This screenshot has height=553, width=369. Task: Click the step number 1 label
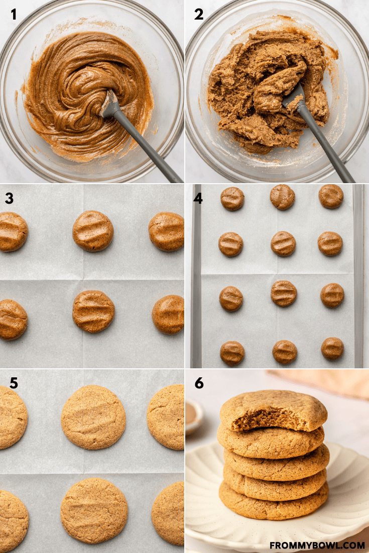[14, 15]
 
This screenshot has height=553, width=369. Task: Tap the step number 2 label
[199, 15]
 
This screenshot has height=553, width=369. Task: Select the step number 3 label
[9, 198]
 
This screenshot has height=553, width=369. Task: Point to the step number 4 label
[198, 198]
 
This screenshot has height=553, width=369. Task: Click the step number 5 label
[14, 383]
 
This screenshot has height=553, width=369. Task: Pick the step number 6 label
[199, 383]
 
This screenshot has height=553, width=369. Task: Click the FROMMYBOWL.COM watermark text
[317, 545]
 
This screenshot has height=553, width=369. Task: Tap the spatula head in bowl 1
[109, 104]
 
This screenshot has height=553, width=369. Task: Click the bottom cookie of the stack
[274, 500]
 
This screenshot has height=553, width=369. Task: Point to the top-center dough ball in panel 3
[93, 231]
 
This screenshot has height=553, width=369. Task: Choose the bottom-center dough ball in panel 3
[93, 312]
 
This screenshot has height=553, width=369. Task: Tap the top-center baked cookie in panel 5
[93, 417]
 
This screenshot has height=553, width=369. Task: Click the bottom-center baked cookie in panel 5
[94, 511]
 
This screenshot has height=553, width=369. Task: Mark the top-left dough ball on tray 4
[232, 199]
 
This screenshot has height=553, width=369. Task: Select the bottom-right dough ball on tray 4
[332, 348]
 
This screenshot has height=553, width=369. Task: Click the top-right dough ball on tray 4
[331, 196]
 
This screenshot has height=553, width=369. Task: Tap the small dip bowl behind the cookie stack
[194, 416]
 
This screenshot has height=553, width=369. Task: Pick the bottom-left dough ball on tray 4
[232, 353]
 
